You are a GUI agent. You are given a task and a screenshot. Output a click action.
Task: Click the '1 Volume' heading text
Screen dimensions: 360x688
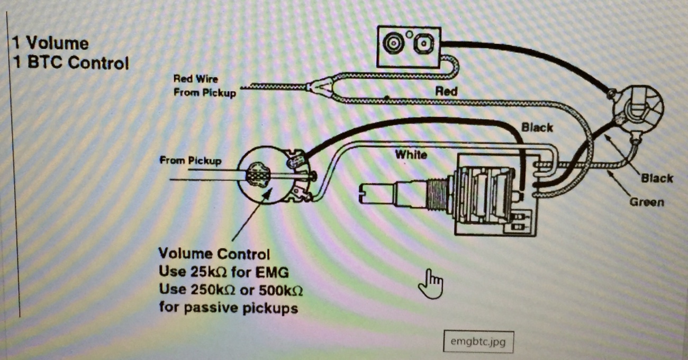click(50, 43)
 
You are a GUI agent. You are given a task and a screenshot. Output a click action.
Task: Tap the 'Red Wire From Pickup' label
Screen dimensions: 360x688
click(204, 86)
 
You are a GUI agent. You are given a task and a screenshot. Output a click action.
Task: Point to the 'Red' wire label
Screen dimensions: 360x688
click(446, 91)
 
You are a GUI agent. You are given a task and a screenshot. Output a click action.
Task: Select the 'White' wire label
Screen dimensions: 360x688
click(411, 155)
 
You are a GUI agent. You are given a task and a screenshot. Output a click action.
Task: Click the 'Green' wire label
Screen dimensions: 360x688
click(646, 202)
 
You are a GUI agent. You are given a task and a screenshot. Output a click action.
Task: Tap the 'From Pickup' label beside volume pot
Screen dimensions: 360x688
click(190, 160)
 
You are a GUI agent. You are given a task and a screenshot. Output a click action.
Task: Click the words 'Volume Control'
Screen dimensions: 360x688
click(214, 254)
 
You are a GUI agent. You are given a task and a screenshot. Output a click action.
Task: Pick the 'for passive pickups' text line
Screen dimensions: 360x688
click(228, 308)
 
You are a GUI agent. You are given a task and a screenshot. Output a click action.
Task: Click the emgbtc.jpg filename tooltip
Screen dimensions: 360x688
click(478, 341)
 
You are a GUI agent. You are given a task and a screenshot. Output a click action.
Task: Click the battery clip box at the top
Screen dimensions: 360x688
click(411, 46)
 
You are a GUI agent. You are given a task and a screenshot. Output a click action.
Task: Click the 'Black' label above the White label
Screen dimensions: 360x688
click(537, 128)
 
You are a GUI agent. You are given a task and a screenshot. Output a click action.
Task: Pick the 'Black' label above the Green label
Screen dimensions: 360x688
click(657, 178)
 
